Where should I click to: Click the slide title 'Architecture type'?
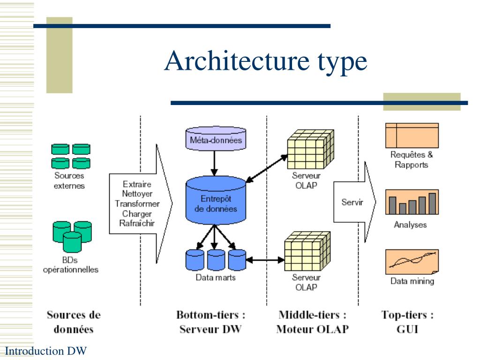tap(265, 61)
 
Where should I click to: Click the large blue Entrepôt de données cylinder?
tap(216, 200)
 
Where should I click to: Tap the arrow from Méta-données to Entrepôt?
tap(214, 163)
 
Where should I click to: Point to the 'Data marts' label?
tap(216, 277)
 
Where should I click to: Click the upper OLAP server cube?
tap(310, 149)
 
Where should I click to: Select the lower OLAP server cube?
tap(307, 251)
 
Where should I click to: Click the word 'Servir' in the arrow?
tap(352, 202)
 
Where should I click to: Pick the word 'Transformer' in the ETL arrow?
tap(137, 203)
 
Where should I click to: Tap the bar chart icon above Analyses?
tap(412, 202)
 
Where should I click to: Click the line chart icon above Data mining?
tap(412, 262)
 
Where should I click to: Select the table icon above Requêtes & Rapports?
tap(412, 135)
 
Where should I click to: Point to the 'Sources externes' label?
tap(69, 180)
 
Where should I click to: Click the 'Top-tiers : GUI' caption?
tap(407, 322)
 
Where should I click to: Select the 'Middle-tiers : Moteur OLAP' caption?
tap(312, 322)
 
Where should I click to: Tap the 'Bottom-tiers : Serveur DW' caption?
tap(210, 322)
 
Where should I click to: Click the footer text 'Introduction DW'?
tap(46, 351)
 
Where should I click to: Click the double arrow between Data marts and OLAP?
tap(265, 260)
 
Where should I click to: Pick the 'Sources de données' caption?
tap(74, 322)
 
